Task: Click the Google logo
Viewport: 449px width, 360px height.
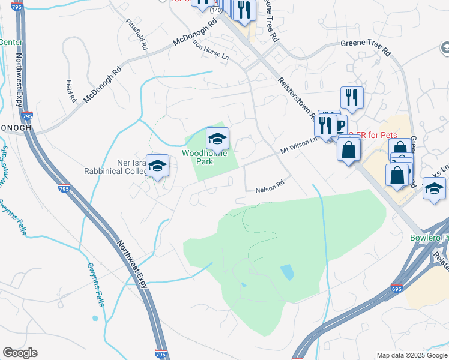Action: tap(20, 353)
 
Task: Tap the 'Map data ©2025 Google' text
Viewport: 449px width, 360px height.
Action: tap(412, 355)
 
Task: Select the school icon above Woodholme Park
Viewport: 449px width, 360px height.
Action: tap(217, 139)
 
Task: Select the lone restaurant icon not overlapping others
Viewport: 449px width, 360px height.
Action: tap(352, 98)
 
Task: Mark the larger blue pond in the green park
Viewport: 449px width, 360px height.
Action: tap(288, 272)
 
